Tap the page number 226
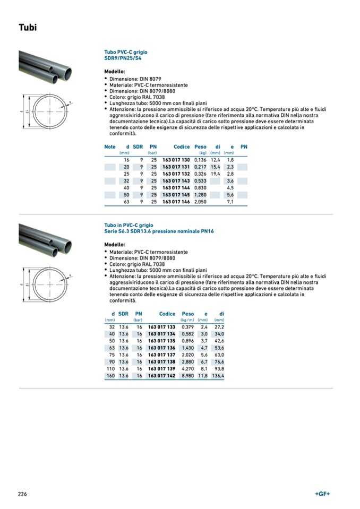(x=22, y=494)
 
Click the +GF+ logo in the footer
(x=322, y=494)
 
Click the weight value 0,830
(x=200, y=188)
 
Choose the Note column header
(x=110, y=146)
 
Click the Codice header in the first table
(x=182, y=146)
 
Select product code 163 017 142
(x=161, y=376)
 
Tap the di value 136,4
(x=218, y=376)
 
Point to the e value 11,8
(x=202, y=376)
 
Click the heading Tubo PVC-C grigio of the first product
(x=126, y=53)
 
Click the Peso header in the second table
(x=188, y=314)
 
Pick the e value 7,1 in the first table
(x=230, y=202)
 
